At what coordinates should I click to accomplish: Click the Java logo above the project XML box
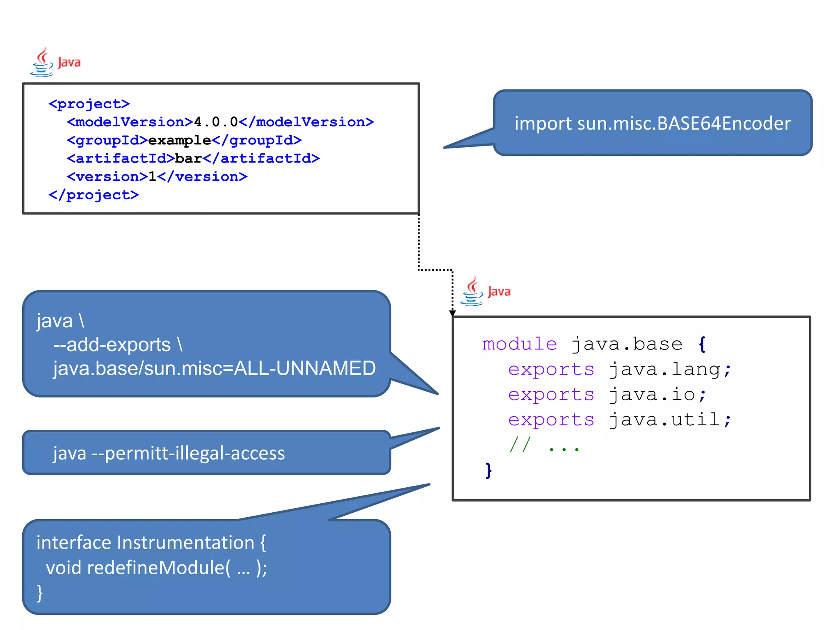pyautogui.click(x=55, y=62)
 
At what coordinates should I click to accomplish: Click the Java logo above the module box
pyautogui.click(x=485, y=292)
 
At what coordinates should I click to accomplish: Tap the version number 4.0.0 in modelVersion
pyautogui.click(x=216, y=122)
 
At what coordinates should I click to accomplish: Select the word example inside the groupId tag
pyautogui.click(x=179, y=140)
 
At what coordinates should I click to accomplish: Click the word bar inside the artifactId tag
pyautogui.click(x=188, y=158)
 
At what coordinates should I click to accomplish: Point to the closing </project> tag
pyautogui.click(x=94, y=195)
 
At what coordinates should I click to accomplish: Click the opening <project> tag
pyautogui.click(x=89, y=104)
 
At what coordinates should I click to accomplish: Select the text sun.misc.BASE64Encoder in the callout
pyautogui.click(x=684, y=123)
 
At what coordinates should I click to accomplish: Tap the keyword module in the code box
pyautogui.click(x=519, y=344)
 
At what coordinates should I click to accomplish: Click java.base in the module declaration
pyautogui.click(x=627, y=344)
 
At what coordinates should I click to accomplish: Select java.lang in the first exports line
pyautogui.click(x=664, y=369)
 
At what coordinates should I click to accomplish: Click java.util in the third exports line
pyautogui.click(x=664, y=420)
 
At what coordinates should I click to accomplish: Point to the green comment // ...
pyautogui.click(x=520, y=444)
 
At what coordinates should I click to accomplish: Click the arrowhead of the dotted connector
pyautogui.click(x=452, y=313)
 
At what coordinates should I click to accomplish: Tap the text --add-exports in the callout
pyautogui.click(x=112, y=345)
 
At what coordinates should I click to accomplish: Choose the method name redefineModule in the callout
pyautogui.click(x=156, y=568)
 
